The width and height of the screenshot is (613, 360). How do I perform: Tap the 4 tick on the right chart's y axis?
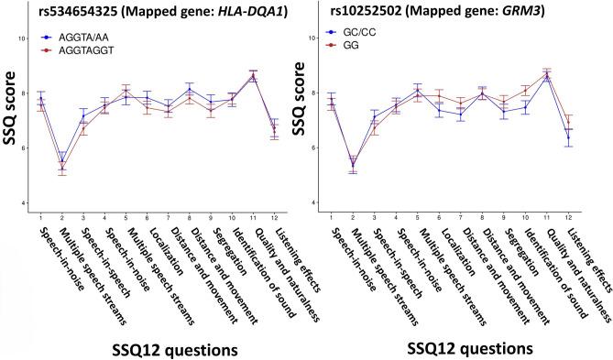[317, 202]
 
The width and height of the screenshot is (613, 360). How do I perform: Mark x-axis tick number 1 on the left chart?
[41, 216]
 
